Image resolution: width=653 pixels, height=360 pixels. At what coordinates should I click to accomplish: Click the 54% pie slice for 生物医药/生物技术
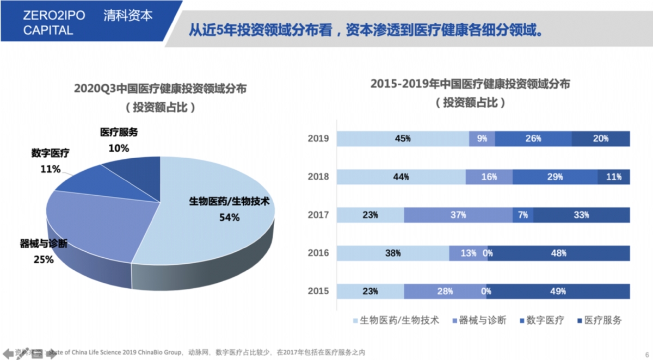tap(218, 218)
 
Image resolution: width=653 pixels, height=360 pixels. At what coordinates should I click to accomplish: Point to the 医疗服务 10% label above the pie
tap(119, 140)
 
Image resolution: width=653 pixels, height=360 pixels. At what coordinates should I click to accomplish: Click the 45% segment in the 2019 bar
tap(403, 139)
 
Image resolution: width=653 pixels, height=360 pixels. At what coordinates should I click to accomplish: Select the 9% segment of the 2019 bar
tap(482, 139)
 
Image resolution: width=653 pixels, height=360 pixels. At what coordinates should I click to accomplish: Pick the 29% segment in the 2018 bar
tap(555, 177)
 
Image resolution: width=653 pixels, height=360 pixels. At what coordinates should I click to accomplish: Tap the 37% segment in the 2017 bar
tap(458, 215)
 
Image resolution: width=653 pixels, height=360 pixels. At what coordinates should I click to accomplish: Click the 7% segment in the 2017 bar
tap(522, 215)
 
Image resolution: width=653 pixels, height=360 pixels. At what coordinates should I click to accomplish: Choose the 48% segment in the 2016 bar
tap(559, 253)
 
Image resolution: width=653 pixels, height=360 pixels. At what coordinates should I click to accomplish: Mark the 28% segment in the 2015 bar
tap(445, 291)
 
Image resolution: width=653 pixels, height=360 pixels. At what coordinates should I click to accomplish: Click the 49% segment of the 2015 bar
tap(558, 291)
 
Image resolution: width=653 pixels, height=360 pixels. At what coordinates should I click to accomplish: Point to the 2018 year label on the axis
tap(318, 177)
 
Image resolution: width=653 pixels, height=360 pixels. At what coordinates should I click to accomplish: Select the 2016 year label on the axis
tap(318, 253)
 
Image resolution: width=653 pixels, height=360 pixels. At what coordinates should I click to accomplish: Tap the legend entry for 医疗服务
tap(598, 320)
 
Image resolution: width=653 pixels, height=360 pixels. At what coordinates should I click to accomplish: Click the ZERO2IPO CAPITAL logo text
tap(54, 23)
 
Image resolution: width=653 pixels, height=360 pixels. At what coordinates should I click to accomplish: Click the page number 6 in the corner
tap(646, 352)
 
